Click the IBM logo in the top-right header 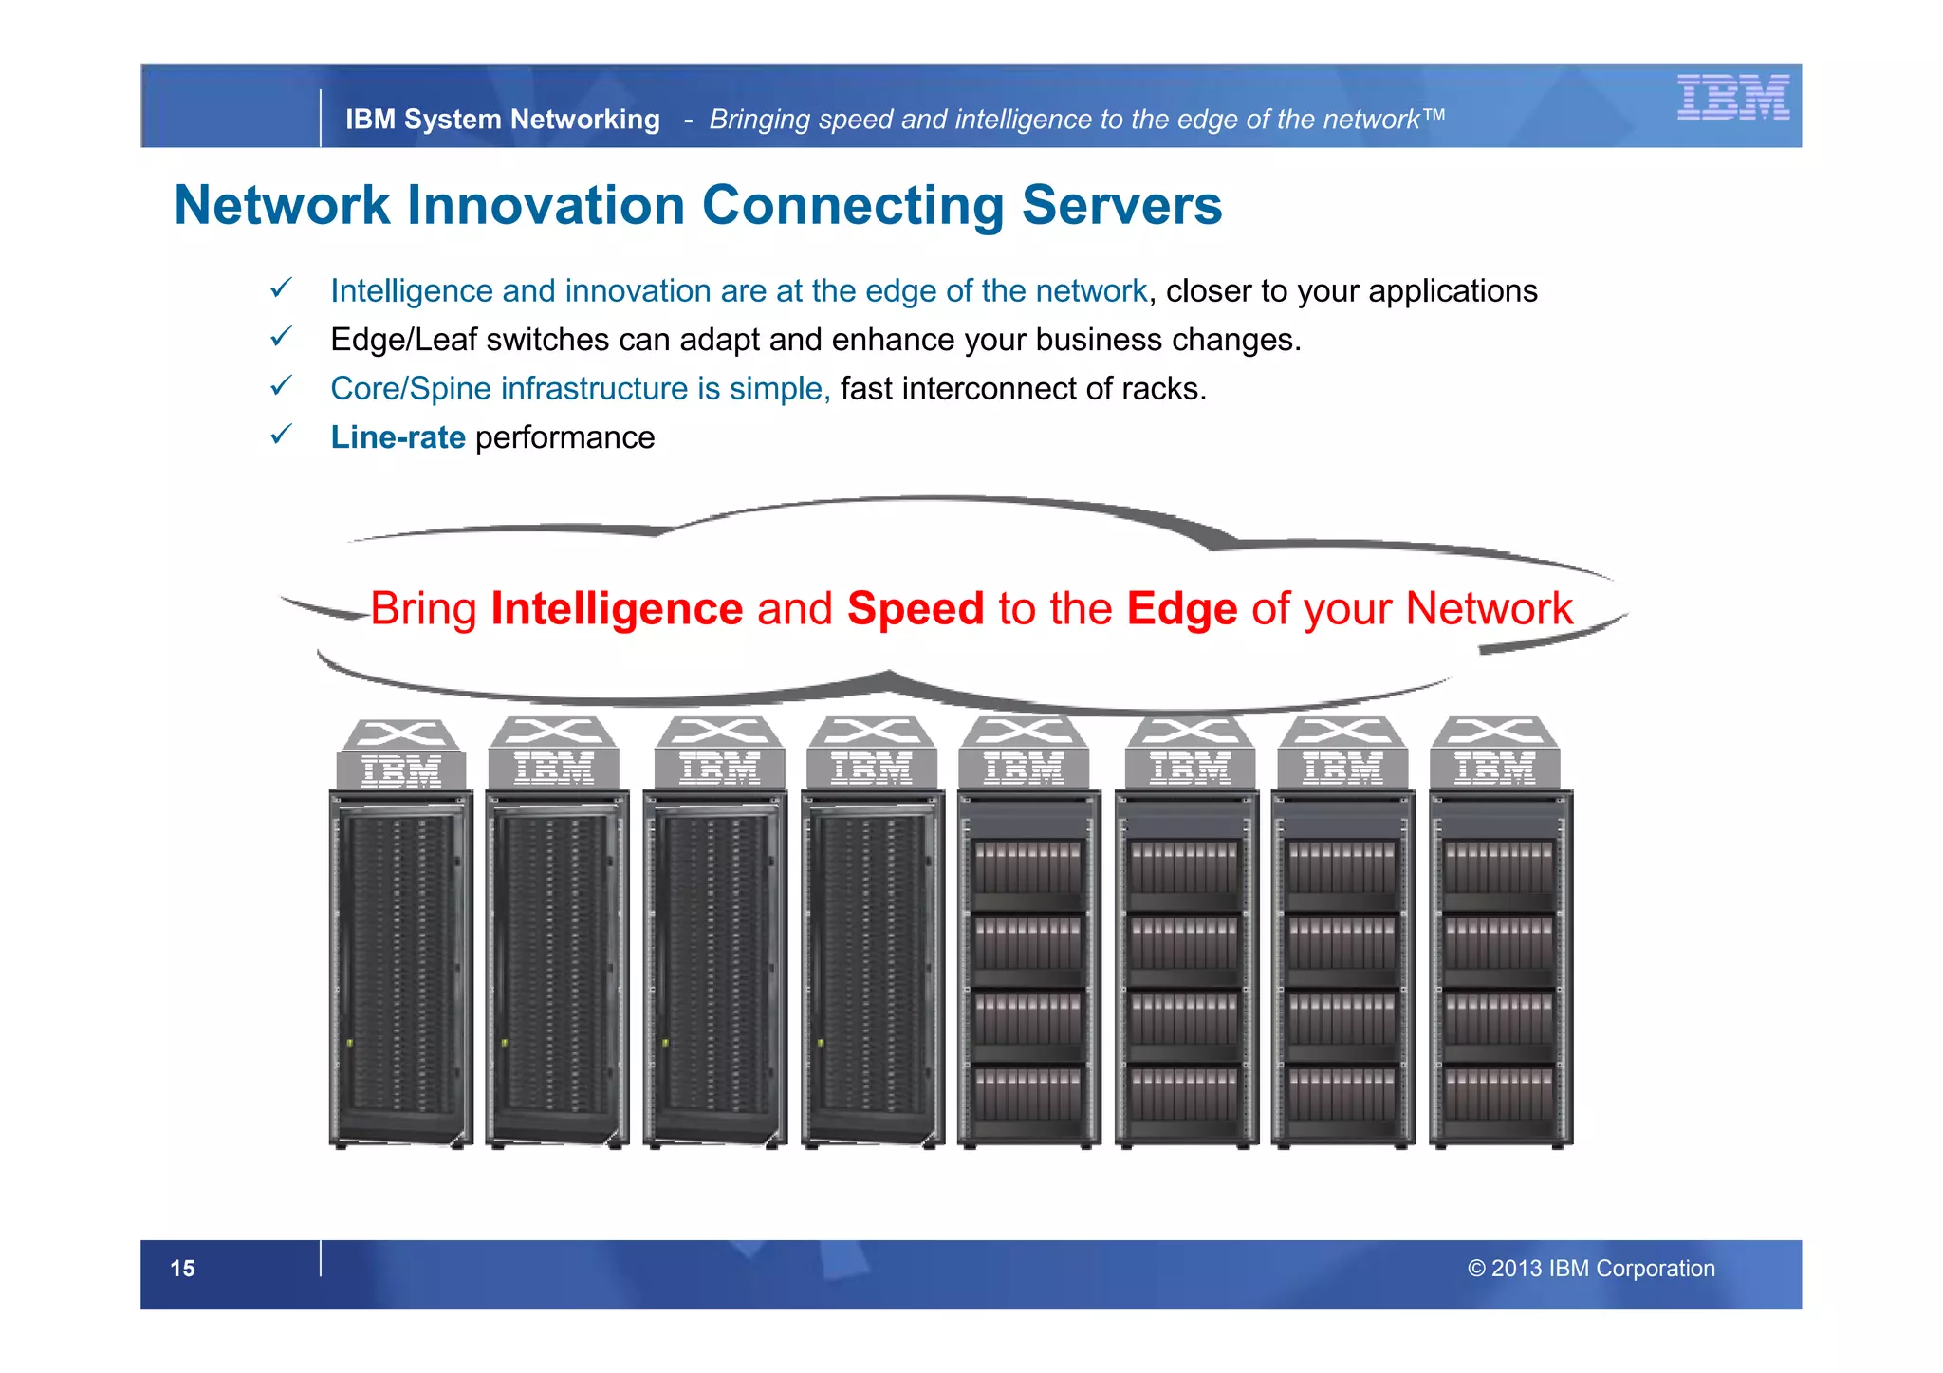click(x=1732, y=97)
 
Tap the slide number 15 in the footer click(x=182, y=1269)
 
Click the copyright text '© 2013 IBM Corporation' click(x=1591, y=1269)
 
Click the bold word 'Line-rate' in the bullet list click(x=398, y=437)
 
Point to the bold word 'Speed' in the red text click(x=915, y=608)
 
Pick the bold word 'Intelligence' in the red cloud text click(x=617, y=608)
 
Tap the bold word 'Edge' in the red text click(x=1181, y=608)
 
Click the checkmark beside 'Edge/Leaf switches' click(x=281, y=337)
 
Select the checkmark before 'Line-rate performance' click(x=281, y=435)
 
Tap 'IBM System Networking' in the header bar click(x=502, y=120)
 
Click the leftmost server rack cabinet click(x=400, y=968)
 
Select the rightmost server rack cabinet click(x=1500, y=968)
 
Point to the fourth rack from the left click(x=873, y=968)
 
